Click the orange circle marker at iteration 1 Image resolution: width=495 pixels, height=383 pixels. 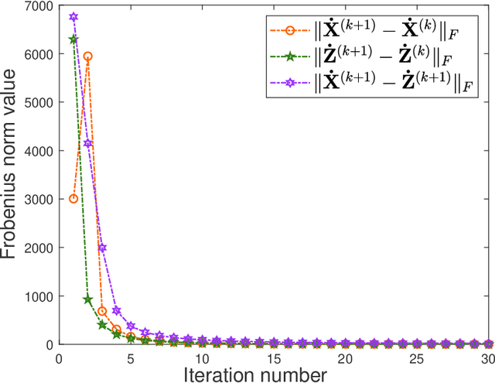tap(73, 199)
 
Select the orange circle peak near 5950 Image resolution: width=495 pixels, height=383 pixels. tap(87, 56)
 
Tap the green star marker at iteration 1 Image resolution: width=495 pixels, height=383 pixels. tap(73, 39)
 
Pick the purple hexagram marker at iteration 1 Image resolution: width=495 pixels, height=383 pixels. tap(73, 17)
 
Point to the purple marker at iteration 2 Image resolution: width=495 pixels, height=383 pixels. tap(87, 143)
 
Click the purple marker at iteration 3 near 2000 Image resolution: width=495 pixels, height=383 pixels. tap(102, 248)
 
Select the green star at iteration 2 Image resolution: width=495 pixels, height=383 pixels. tap(87, 299)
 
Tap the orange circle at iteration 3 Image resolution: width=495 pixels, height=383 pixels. tap(102, 311)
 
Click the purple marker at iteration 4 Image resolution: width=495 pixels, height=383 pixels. tap(116, 310)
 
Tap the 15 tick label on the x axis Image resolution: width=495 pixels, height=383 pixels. tap(273, 358)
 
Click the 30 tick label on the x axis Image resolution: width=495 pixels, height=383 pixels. tap(486, 358)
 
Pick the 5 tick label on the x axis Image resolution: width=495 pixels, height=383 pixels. tap(131, 358)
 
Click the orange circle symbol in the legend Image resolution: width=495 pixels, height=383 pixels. tap(288, 32)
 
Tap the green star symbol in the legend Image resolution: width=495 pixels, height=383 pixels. tap(288, 59)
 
